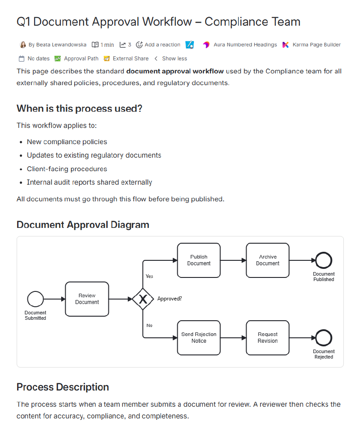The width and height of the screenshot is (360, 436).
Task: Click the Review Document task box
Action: pos(87,299)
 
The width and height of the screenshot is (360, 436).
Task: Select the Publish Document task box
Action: pos(198,260)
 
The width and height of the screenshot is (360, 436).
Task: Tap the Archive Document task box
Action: pos(268,260)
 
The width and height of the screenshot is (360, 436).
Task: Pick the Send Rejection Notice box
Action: pos(198,338)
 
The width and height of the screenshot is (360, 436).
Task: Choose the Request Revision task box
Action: pos(268,338)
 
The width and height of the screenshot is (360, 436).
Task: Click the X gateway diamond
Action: pos(143,299)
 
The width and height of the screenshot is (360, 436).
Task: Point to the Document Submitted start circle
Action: pos(36,299)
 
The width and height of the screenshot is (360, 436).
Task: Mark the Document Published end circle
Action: pos(324,260)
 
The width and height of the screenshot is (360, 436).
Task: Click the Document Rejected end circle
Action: pos(324,338)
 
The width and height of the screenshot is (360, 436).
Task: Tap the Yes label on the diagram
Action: pos(149,276)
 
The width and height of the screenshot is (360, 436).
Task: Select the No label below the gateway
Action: pos(149,325)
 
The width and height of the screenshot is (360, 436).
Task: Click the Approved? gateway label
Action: pos(170,299)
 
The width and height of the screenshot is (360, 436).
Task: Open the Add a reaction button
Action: pos(158,45)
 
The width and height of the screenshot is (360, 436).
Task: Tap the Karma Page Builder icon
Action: pos(285,45)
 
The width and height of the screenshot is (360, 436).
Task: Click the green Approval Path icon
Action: pos(58,59)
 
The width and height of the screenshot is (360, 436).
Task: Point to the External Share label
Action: pos(130,59)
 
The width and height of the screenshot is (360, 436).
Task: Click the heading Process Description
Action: pos(63,387)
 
